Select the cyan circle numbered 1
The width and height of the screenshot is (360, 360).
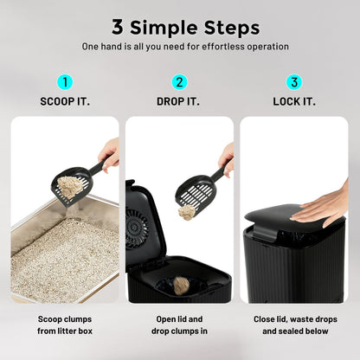[x=65, y=83]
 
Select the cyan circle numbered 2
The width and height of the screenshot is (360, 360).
[x=180, y=83]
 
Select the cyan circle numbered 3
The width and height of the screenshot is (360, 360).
[x=294, y=83]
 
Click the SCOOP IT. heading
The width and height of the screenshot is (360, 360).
[x=65, y=101]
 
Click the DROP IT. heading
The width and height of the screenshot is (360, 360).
[x=180, y=101]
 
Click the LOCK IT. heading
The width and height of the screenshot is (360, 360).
[x=294, y=101]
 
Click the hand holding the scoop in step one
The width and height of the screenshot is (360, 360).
[x=110, y=154]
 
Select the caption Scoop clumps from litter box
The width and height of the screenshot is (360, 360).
[x=65, y=325]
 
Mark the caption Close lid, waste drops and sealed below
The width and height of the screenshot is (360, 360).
[x=294, y=325]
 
